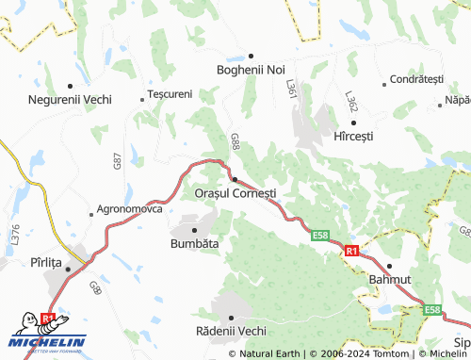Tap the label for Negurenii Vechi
tap(71, 99)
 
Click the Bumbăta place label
tap(194, 243)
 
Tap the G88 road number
tap(235, 142)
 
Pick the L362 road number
tap(350, 103)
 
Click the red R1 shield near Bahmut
tap(351, 252)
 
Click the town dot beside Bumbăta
tap(194, 230)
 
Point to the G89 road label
tap(95, 286)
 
